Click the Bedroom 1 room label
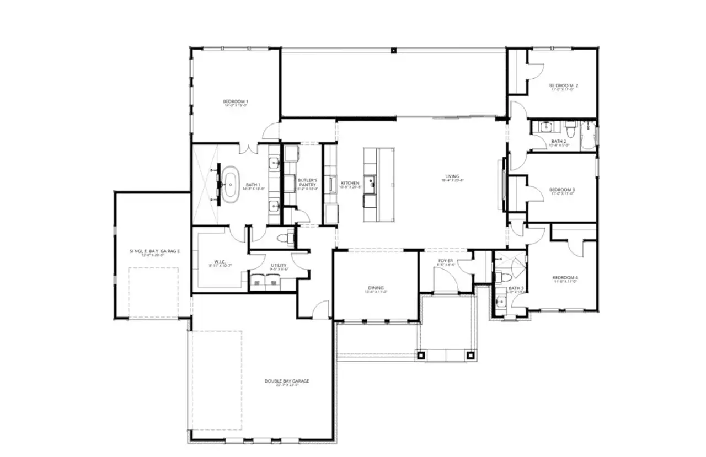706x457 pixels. pyautogui.click(x=236, y=102)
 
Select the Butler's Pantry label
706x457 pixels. pyautogui.click(x=307, y=182)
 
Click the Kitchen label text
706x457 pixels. pyautogui.click(x=350, y=184)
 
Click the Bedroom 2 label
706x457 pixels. pyautogui.click(x=563, y=86)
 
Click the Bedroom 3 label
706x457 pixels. pyautogui.click(x=562, y=191)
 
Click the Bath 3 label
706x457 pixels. pyautogui.click(x=515, y=289)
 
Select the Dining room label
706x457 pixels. pyautogui.click(x=376, y=288)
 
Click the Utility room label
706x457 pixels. pyautogui.click(x=278, y=266)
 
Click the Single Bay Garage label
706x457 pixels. pyautogui.click(x=154, y=252)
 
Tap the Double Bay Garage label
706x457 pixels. pyautogui.click(x=286, y=381)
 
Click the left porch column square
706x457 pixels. pyautogui.click(x=422, y=356)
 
